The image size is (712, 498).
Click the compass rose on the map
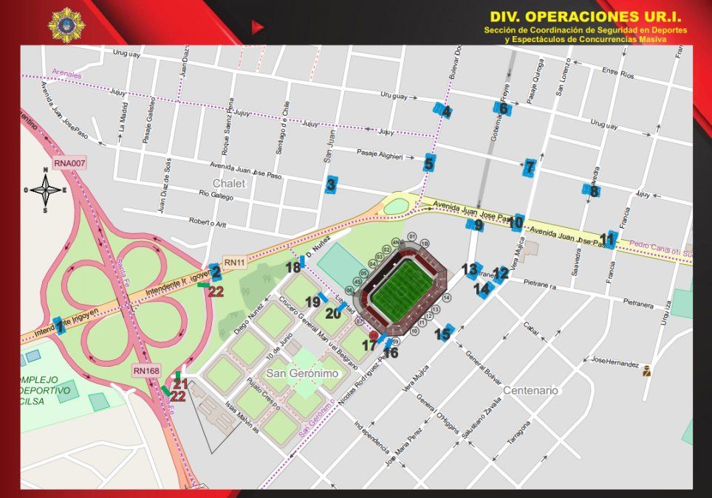pos(46,190)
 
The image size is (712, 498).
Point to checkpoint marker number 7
pos(529,167)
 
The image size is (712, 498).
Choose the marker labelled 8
pos(592,191)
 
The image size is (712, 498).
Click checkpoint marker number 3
pos(331,185)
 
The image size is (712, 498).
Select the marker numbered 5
pos(429,163)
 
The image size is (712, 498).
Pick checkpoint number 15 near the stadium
pos(444,334)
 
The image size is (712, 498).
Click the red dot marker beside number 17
pos(373,336)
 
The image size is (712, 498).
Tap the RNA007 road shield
pos(70,162)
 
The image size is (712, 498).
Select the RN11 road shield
pos(234,262)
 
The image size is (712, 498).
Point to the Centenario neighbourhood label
pos(530,390)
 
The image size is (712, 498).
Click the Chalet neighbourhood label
pos(227,183)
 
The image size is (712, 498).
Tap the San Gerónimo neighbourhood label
pos(303,373)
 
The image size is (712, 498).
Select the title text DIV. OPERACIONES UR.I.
pos(586,15)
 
